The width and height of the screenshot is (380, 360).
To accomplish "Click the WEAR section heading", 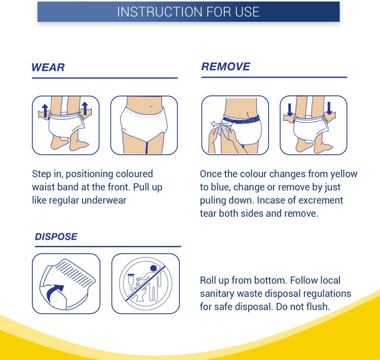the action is (48, 67).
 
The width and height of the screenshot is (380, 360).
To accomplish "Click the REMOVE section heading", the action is (225, 66).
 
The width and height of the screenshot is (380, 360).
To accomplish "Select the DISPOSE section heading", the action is (56, 236).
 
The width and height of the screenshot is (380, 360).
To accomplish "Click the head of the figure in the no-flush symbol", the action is (154, 268).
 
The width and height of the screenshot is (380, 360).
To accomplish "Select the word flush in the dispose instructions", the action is (318, 307).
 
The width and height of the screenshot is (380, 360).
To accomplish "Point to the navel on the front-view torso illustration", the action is (151, 106).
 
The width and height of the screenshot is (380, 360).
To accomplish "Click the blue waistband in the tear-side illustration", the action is (241, 119).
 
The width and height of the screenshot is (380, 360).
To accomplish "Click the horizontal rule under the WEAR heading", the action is (105, 78).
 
